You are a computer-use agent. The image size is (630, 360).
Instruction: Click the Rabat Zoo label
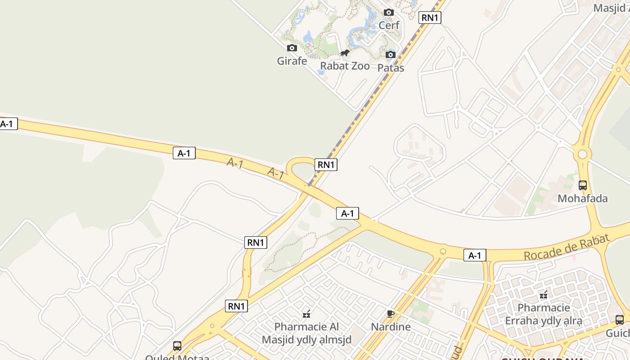(x=345, y=66)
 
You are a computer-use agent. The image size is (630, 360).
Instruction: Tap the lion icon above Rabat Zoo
(x=345, y=54)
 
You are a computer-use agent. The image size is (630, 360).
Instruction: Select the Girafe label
(x=292, y=61)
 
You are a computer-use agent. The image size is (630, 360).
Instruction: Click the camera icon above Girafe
(x=292, y=48)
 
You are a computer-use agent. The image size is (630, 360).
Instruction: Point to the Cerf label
(x=389, y=25)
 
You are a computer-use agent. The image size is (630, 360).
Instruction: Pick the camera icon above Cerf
(x=389, y=13)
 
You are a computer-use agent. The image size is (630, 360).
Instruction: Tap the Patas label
(x=391, y=68)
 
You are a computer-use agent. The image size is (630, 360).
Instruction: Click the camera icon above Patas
(x=391, y=55)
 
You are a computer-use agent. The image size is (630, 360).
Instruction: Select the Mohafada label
(x=582, y=198)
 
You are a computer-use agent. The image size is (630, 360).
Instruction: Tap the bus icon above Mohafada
(x=582, y=185)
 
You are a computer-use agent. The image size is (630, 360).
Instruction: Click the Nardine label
(x=391, y=327)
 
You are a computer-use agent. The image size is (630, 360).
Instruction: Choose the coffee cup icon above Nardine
(x=391, y=314)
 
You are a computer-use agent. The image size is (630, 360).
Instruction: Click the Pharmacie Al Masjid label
(x=307, y=333)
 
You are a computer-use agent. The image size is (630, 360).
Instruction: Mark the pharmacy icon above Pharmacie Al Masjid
(x=307, y=314)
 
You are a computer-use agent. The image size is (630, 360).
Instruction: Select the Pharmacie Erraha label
(x=544, y=315)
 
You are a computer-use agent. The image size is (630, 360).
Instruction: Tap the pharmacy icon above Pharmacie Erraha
(x=544, y=295)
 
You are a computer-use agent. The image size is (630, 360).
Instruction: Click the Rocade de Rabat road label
(x=566, y=247)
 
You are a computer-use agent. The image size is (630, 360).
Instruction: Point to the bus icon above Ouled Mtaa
(x=177, y=346)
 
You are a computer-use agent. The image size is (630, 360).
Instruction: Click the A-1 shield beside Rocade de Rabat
(x=475, y=256)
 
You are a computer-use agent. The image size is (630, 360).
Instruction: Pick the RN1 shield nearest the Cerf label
(x=430, y=18)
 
